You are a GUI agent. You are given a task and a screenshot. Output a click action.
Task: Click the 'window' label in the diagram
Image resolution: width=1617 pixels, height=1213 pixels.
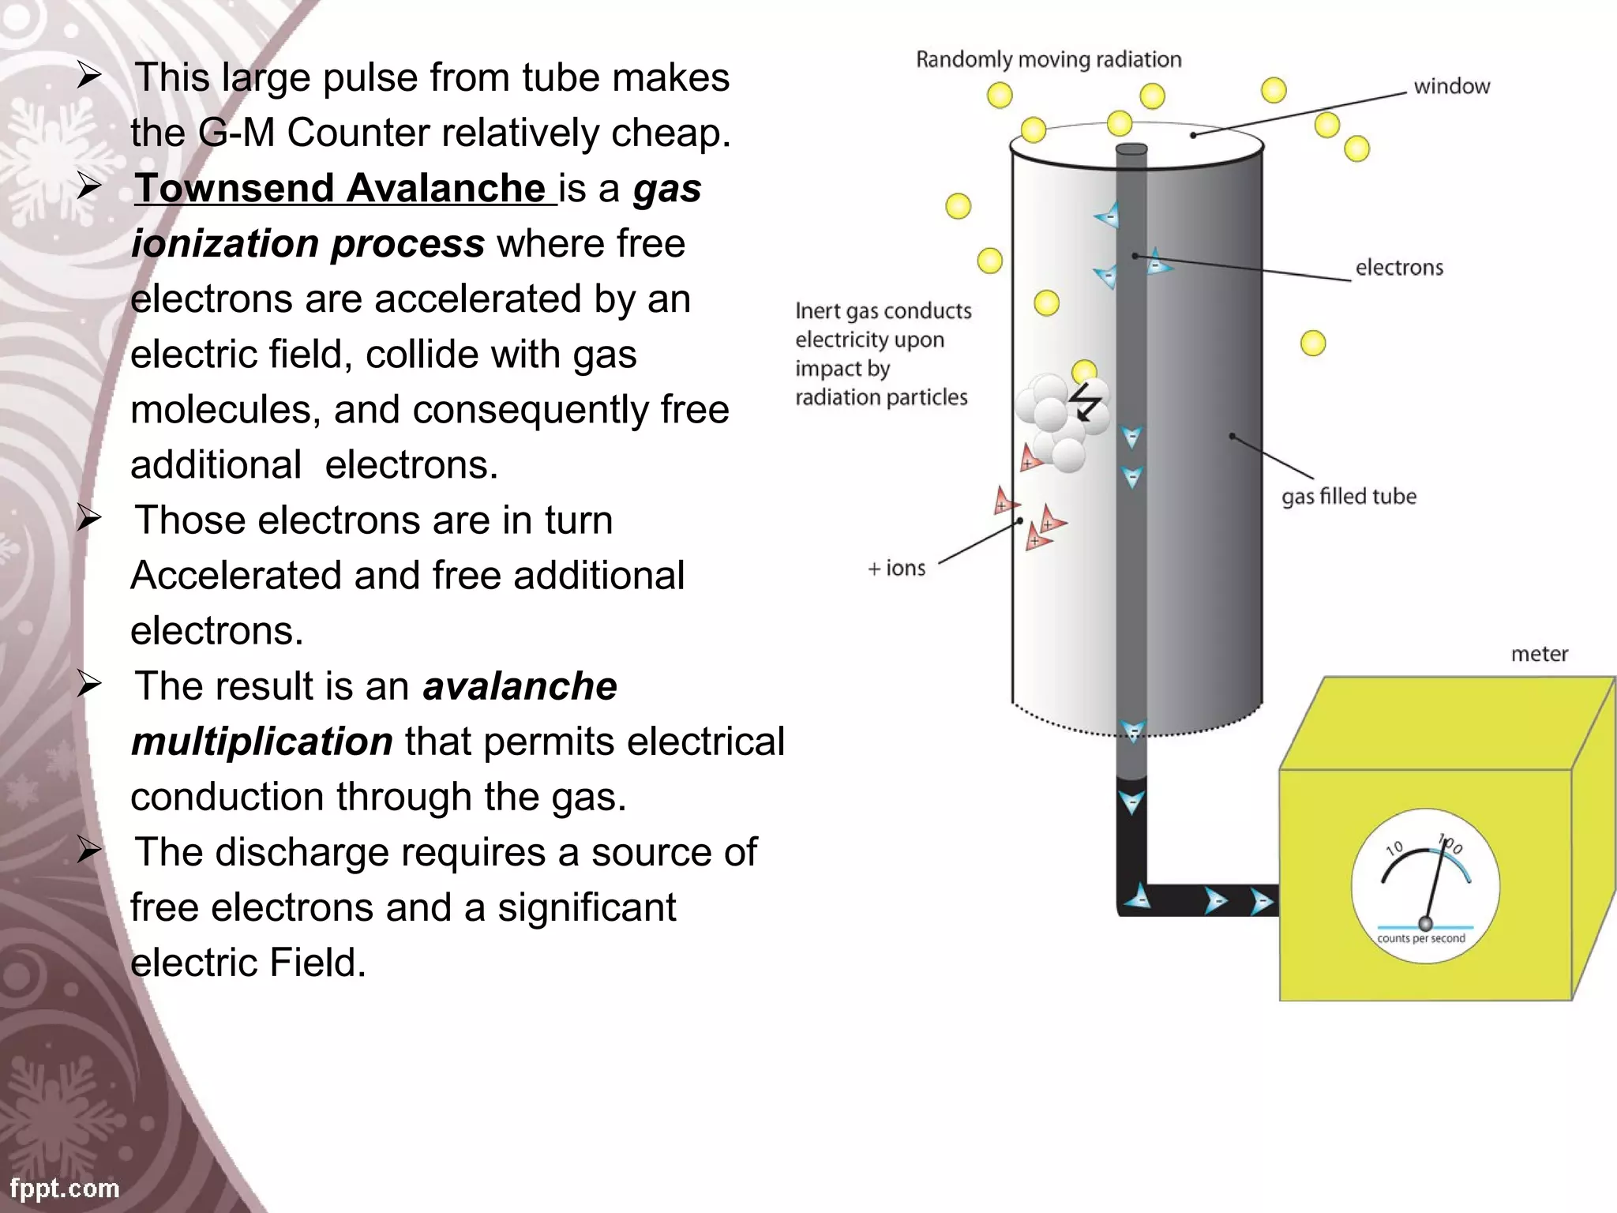click(x=1451, y=86)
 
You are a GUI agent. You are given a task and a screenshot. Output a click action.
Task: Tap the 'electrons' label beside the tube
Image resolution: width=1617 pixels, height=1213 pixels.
click(x=1398, y=268)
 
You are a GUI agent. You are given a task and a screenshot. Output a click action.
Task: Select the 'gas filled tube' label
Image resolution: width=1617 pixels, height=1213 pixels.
click(x=1349, y=497)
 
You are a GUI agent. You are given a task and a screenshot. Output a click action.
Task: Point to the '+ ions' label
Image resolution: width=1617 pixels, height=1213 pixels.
click(x=896, y=569)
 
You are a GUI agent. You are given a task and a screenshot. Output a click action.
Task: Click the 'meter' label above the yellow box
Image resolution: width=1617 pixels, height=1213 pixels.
click(x=1539, y=654)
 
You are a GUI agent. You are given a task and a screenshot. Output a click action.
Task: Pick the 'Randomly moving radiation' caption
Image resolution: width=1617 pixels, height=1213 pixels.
click(x=1049, y=60)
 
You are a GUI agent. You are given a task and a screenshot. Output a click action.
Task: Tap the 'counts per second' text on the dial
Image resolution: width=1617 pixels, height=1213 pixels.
click(x=1420, y=938)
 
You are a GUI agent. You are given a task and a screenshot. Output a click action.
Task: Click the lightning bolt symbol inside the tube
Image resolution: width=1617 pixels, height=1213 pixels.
click(x=1085, y=402)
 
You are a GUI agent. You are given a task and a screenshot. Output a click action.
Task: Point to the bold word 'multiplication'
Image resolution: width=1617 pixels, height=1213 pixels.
click(x=262, y=742)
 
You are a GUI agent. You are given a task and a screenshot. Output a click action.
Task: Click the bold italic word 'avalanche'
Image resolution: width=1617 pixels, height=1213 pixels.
click(x=520, y=686)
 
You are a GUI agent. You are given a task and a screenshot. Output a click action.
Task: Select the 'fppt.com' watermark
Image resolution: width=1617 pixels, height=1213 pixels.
click(x=65, y=1188)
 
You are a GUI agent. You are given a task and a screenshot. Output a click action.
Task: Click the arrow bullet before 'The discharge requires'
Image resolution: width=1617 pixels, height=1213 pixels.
click(x=89, y=851)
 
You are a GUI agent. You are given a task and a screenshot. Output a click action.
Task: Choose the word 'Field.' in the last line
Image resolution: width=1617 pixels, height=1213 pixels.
click(x=317, y=963)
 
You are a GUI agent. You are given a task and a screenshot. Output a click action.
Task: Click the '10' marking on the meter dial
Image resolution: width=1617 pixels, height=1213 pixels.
click(x=1394, y=848)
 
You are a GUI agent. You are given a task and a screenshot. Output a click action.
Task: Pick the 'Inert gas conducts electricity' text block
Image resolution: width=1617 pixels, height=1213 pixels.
click(x=883, y=354)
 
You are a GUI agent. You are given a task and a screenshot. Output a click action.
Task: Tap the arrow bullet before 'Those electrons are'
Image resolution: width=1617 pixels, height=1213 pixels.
click(x=89, y=519)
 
